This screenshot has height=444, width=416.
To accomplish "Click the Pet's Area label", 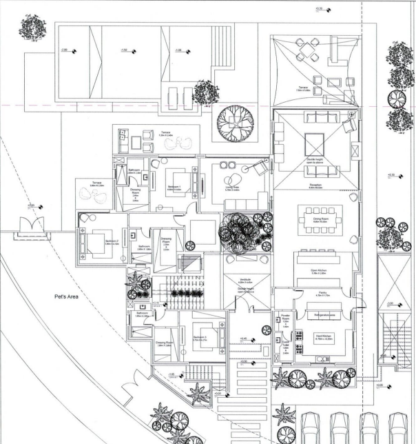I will (x=70, y=297).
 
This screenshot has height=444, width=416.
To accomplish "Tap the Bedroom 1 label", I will (x=175, y=187).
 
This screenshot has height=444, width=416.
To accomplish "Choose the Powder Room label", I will (x=285, y=319).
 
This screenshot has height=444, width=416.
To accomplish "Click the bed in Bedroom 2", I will (x=94, y=241).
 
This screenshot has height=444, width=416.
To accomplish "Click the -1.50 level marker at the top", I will (x=127, y=51).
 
